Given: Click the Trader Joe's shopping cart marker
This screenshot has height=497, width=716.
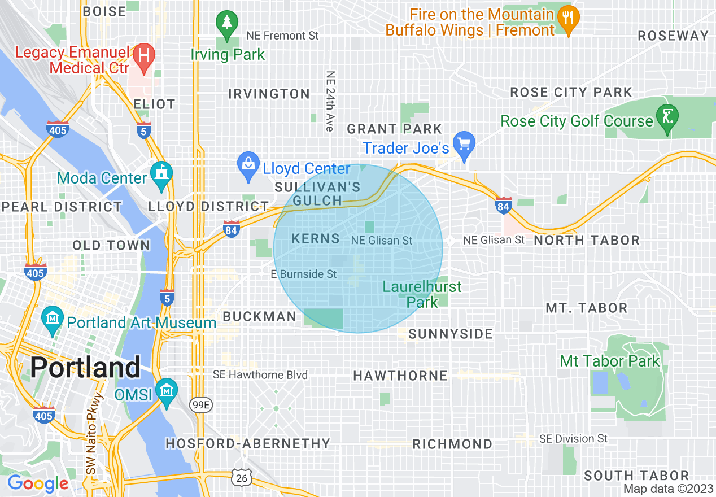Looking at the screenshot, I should (x=464, y=145).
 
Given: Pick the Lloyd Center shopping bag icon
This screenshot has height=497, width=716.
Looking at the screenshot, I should (x=248, y=165).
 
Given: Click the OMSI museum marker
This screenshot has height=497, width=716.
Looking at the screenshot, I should (x=167, y=391).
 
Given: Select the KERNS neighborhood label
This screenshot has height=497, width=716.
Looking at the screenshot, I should (x=316, y=238).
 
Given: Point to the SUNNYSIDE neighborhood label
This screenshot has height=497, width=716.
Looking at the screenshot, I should (x=451, y=334).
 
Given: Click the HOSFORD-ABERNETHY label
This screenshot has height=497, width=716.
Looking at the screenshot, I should (x=247, y=443).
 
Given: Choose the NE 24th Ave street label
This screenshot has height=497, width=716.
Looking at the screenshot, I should (x=330, y=102).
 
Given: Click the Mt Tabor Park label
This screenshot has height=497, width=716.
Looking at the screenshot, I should (x=609, y=361).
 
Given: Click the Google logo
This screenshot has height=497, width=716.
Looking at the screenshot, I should (x=38, y=483).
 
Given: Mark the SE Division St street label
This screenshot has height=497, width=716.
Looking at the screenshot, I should (x=573, y=438).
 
